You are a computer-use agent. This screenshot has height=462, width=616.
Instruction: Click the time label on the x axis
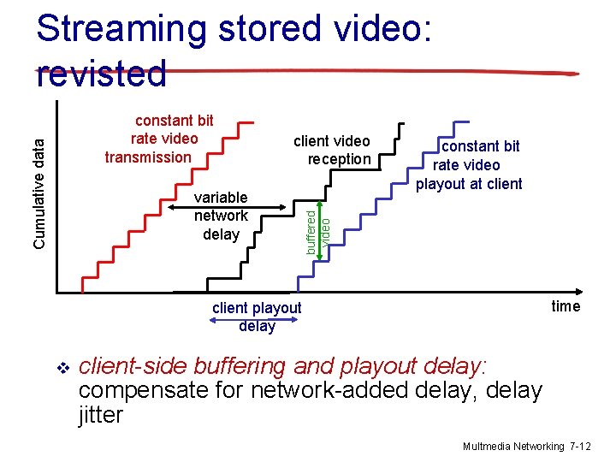pos(566,306)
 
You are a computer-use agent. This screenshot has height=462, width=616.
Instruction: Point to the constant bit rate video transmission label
pos(158,139)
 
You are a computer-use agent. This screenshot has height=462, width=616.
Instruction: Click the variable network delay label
pos(221,216)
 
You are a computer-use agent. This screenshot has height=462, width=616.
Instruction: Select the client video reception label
pos(332,150)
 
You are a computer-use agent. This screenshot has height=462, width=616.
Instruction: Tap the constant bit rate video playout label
pos(469,165)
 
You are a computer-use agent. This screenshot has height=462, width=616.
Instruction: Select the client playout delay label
pos(257,317)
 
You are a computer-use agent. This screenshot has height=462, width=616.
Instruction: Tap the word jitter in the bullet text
pos(100,415)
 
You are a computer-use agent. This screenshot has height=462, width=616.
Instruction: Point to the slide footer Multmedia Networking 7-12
pos(526,447)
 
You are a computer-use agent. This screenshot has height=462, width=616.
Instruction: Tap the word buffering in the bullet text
pos(240,366)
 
